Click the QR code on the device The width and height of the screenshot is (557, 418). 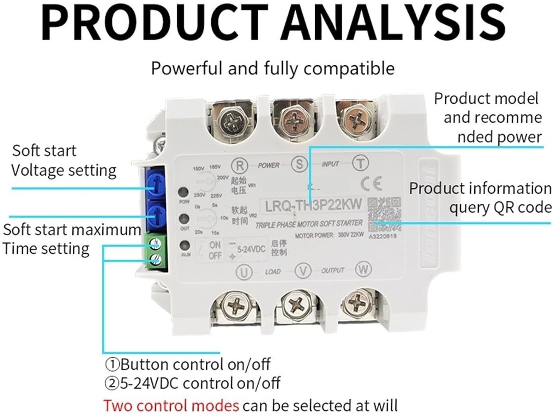(x=384, y=215)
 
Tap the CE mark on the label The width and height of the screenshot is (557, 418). (x=371, y=183)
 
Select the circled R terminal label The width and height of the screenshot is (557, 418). (x=240, y=165)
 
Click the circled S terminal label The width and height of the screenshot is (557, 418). (x=299, y=164)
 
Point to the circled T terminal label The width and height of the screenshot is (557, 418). (x=360, y=163)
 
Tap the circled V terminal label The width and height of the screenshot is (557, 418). (x=303, y=271)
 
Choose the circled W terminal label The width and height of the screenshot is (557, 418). (x=363, y=269)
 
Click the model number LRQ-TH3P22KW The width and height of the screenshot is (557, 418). (x=313, y=206)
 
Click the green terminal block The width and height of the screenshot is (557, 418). (x=156, y=251)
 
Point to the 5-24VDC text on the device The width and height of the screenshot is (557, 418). (x=251, y=249)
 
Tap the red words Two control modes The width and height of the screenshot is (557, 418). (x=171, y=406)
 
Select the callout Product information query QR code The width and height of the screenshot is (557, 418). (x=480, y=198)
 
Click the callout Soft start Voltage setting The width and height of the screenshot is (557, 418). (x=64, y=161)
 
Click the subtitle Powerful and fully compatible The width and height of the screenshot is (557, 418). (x=273, y=68)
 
